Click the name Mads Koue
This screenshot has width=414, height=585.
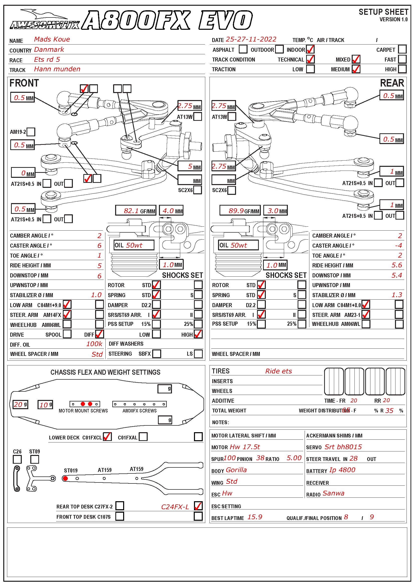(x=52, y=39)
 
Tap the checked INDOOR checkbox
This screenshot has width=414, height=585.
(x=310, y=49)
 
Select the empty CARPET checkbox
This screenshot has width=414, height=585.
(x=402, y=49)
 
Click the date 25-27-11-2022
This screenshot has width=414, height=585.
(x=251, y=39)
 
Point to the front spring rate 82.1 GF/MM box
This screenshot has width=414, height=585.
(x=136, y=210)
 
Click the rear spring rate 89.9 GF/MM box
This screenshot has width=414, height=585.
(x=240, y=210)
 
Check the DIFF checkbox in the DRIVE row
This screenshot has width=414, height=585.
(x=99, y=334)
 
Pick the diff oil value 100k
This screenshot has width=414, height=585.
(x=94, y=344)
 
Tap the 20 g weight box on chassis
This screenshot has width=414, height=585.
(x=20, y=404)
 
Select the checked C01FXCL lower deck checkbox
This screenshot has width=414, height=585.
(x=107, y=437)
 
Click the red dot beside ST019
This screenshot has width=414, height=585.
(x=65, y=478)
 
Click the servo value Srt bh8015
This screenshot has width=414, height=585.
(x=343, y=447)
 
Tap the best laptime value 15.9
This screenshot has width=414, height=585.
(x=255, y=517)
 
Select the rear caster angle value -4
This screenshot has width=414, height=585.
(x=398, y=246)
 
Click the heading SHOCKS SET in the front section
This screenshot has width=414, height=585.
(x=182, y=275)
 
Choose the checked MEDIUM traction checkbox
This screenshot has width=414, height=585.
(x=356, y=69)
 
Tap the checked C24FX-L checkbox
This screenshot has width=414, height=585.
(x=198, y=506)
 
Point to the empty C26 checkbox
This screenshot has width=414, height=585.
(x=17, y=459)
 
